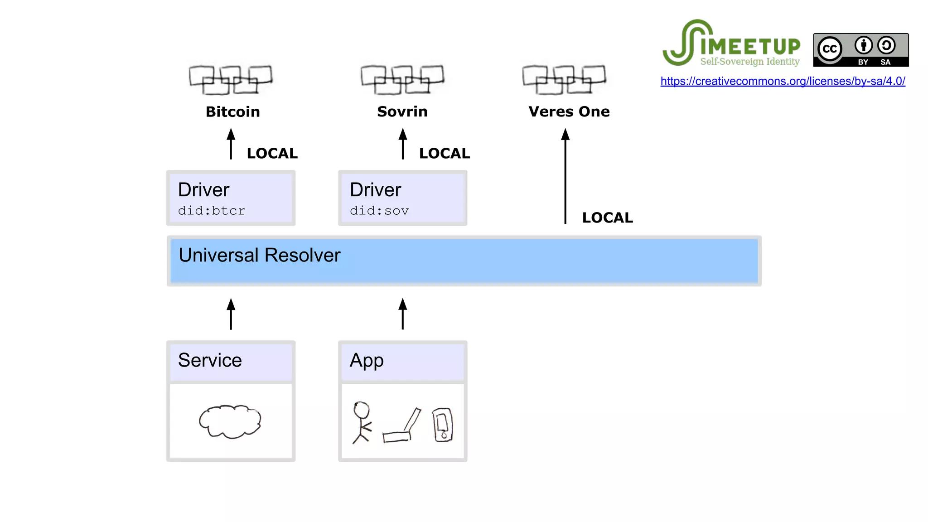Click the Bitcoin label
point(232,111)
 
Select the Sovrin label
point(402,111)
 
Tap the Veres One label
point(569,111)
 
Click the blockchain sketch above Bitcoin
point(230,80)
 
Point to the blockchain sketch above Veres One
point(564,80)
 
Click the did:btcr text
point(212,211)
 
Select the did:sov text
point(379,211)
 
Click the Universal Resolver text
point(259,255)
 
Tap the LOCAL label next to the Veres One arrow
point(607,217)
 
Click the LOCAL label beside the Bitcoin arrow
point(272,153)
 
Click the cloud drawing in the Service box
point(230,421)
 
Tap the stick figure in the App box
point(362,421)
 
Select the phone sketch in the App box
point(442,425)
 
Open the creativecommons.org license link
point(783,81)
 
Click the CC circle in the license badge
point(830,49)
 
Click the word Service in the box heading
point(210,360)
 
